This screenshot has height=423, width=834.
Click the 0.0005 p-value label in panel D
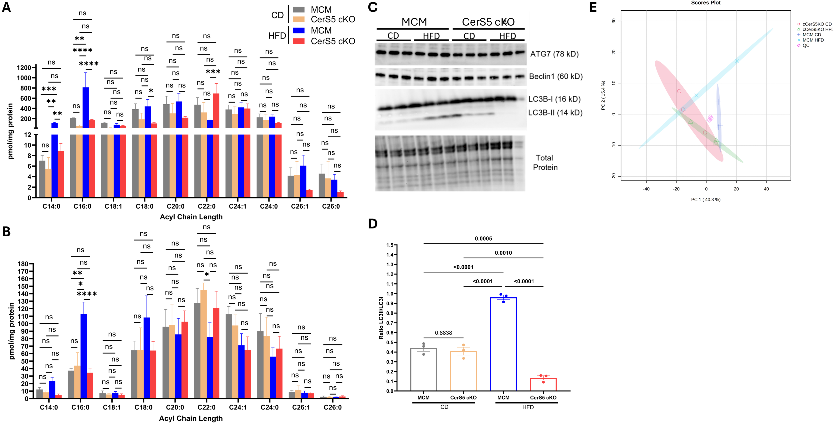483,239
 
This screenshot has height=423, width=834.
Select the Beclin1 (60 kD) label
555,76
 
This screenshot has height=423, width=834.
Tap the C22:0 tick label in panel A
207,206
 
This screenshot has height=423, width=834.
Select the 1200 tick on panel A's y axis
24,68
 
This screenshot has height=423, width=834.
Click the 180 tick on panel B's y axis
23,264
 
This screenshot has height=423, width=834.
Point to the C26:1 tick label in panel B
301,407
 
